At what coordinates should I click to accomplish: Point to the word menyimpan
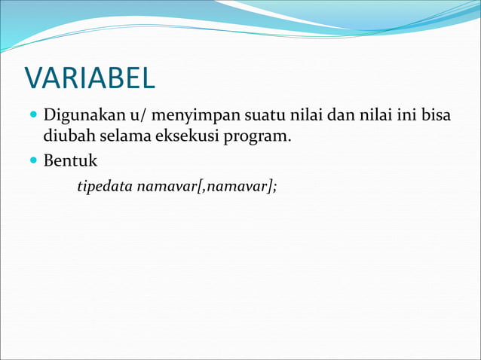point(189,118)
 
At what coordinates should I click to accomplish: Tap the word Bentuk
point(70,162)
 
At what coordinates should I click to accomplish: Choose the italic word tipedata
point(104,186)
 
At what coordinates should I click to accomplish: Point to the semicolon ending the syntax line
point(275,187)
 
